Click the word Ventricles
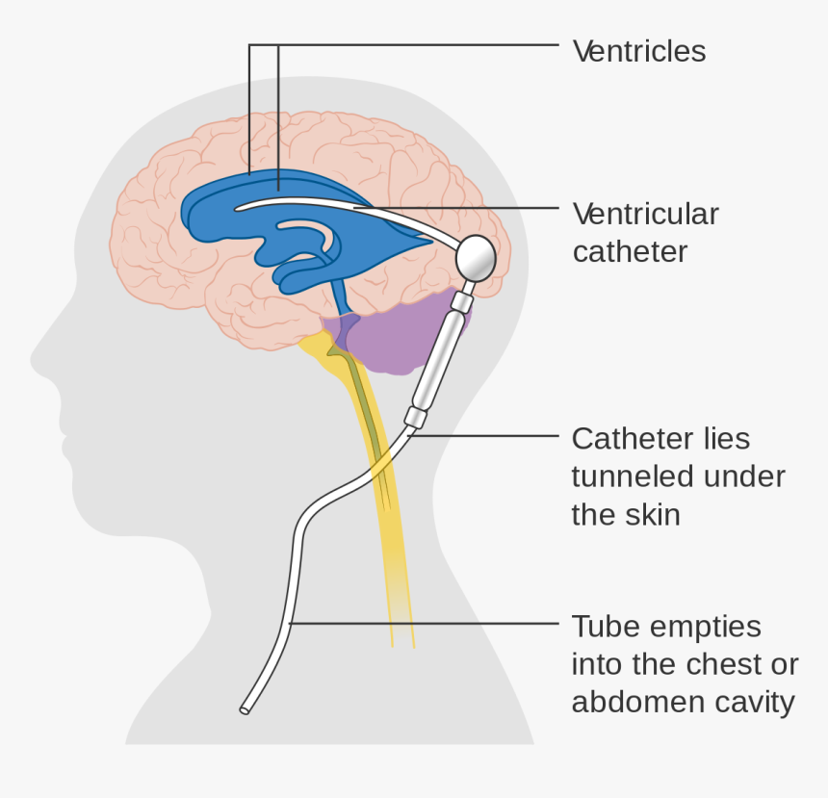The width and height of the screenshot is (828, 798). [639, 51]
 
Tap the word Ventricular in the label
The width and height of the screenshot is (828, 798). [645, 214]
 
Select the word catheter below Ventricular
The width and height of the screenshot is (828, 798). [630, 251]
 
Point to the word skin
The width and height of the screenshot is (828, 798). [655, 514]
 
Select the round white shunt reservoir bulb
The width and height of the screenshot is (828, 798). [475, 257]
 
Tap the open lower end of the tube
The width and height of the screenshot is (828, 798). [245, 710]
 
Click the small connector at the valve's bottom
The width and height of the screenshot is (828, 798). [415, 417]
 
